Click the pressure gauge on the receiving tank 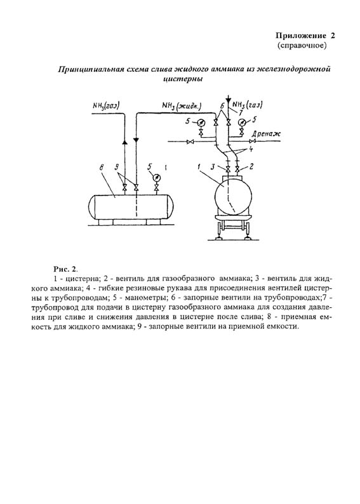click(x=156, y=178)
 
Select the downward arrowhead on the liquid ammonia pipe click(x=137, y=140)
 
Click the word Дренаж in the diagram click(x=266, y=134)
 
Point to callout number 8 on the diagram click(x=102, y=168)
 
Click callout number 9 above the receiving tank click(x=117, y=168)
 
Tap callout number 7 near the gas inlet click(x=240, y=112)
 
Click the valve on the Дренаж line click(x=253, y=142)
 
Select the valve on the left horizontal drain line click(x=190, y=142)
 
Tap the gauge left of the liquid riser click(x=201, y=122)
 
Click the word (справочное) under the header click(x=302, y=46)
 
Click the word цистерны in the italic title click(x=183, y=79)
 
